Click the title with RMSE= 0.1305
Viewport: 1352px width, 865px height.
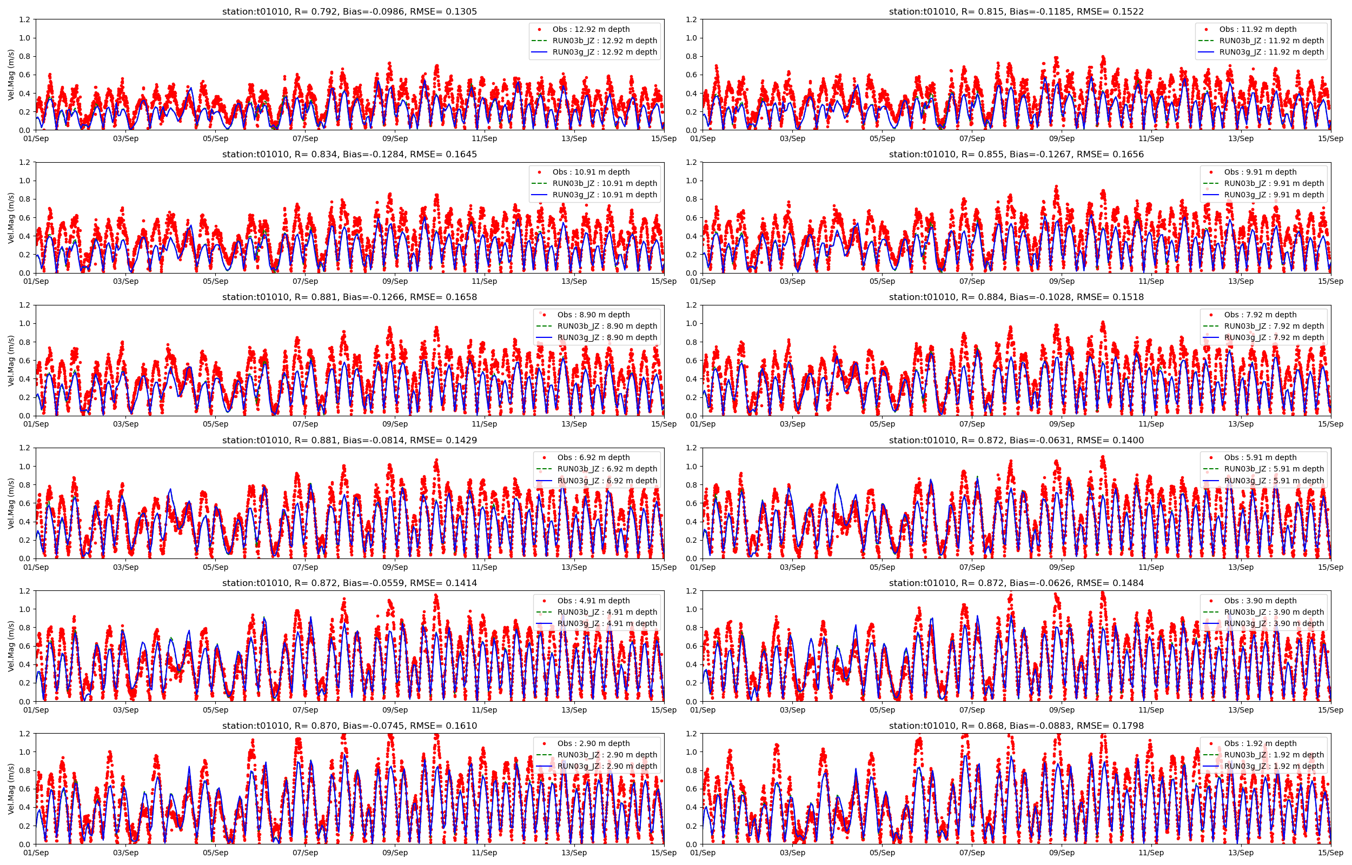pyautogui.click(x=349, y=11)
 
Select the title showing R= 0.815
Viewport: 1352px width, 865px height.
pyautogui.click(x=1016, y=11)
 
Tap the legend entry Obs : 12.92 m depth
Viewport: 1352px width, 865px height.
pyautogui.click(x=591, y=29)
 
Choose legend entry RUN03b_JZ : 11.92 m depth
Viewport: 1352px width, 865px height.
pyautogui.click(x=1271, y=41)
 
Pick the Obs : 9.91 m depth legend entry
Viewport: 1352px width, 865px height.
pyautogui.click(x=1261, y=172)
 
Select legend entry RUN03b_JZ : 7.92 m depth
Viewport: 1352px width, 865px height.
pyautogui.click(x=1274, y=326)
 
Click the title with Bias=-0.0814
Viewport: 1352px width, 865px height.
pyautogui.click(x=349, y=441)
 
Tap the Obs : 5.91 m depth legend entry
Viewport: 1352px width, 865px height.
pyautogui.click(x=1261, y=458)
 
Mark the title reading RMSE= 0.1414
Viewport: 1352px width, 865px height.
pyautogui.click(x=349, y=583)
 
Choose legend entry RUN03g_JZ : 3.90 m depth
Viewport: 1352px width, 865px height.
pyautogui.click(x=1274, y=623)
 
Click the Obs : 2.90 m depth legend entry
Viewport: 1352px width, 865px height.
pyautogui.click(x=593, y=744)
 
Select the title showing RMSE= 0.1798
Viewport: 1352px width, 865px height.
pyautogui.click(x=1016, y=726)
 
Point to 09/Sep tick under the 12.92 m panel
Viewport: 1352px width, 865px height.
pyautogui.click(x=395, y=139)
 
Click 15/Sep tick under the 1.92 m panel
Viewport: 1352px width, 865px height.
pyautogui.click(x=1331, y=853)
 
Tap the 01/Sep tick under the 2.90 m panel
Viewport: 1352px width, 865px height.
pyautogui.click(x=36, y=853)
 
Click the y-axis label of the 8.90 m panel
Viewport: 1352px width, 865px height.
pyautogui.click(x=11, y=361)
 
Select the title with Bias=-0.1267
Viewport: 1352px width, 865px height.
pyautogui.click(x=1016, y=155)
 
